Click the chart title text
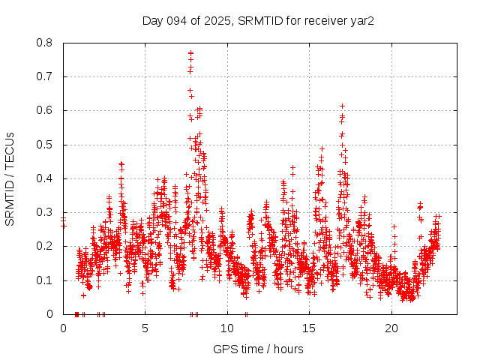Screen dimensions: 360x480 tap(258, 20)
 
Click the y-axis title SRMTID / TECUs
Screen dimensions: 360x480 tap(10, 178)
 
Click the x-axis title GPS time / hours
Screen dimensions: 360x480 tap(258, 349)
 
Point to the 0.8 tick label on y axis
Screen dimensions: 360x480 tap(46, 43)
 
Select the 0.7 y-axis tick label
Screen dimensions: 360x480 tap(46, 76)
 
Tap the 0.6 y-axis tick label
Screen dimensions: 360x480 tap(46, 110)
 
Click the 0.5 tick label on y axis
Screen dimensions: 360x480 tap(46, 145)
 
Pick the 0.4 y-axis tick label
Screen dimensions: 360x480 tap(46, 178)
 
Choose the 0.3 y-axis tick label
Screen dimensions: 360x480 tap(46, 212)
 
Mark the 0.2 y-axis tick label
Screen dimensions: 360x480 tap(46, 246)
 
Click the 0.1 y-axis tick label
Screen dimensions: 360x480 tap(46, 280)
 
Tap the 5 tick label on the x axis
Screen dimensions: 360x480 tap(145, 328)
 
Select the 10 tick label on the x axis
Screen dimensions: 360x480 tap(227, 328)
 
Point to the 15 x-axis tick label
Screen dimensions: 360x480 tap(309, 328)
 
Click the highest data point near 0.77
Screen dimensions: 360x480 tap(191, 53)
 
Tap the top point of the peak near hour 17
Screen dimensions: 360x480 tap(343, 106)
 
